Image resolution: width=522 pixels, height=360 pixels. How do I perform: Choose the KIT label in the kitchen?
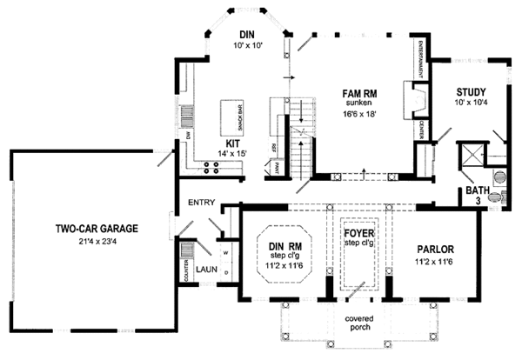tap(233, 142)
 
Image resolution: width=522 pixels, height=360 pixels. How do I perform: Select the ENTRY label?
tap(201, 202)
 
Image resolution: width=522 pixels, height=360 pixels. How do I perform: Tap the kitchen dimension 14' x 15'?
tap(234, 154)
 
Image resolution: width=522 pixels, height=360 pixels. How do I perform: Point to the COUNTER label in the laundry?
tap(184, 270)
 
